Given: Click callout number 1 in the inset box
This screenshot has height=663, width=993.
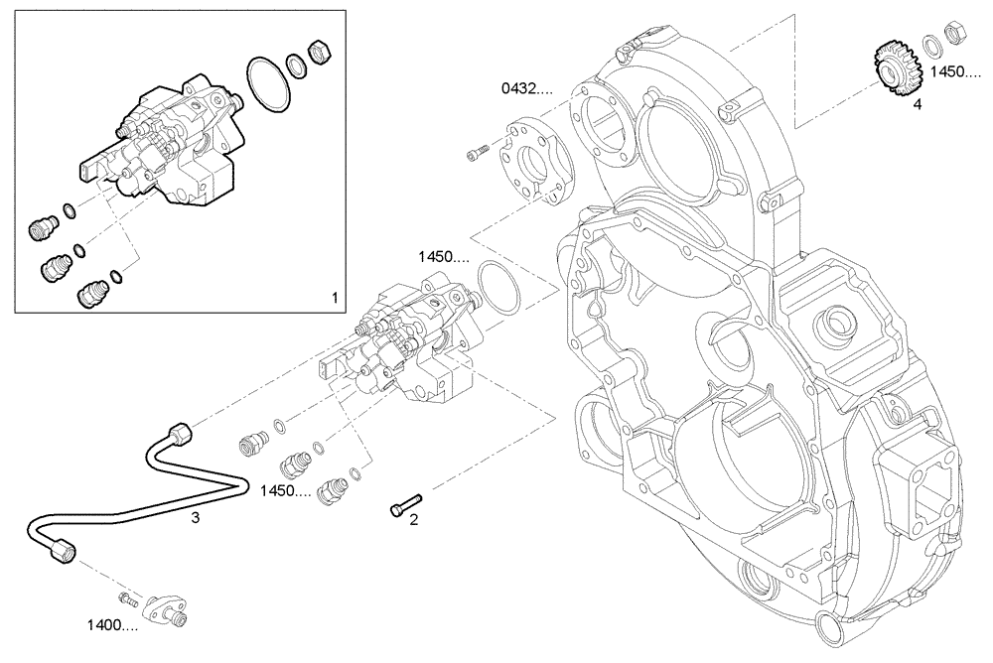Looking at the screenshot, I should [x=335, y=297].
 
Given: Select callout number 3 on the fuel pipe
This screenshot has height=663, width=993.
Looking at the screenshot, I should [x=196, y=517].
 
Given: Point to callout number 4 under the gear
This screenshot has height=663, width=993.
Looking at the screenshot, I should [x=917, y=103].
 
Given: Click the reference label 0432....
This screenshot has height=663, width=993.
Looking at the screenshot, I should [x=525, y=89].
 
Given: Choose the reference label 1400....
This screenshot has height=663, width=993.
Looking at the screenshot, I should [x=111, y=625].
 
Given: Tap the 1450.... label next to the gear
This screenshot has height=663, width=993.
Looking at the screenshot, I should [x=952, y=72].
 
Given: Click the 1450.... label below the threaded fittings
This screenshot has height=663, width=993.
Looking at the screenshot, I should [x=286, y=491].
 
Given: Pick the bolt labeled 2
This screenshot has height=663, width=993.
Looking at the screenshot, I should [x=404, y=501].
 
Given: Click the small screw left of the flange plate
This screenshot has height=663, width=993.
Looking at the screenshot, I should [x=477, y=151].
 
